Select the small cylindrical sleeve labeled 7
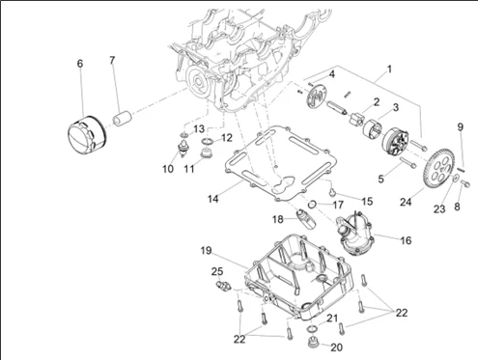[122, 118]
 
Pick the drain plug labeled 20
[311, 342]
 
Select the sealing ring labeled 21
[311, 329]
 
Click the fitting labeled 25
[223, 285]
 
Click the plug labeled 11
[205, 152]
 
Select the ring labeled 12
[207, 141]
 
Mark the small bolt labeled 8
[465, 183]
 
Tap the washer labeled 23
[456, 178]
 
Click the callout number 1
[389, 69]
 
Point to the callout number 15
[367, 202]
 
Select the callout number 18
[278, 220]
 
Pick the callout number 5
[381, 179]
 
